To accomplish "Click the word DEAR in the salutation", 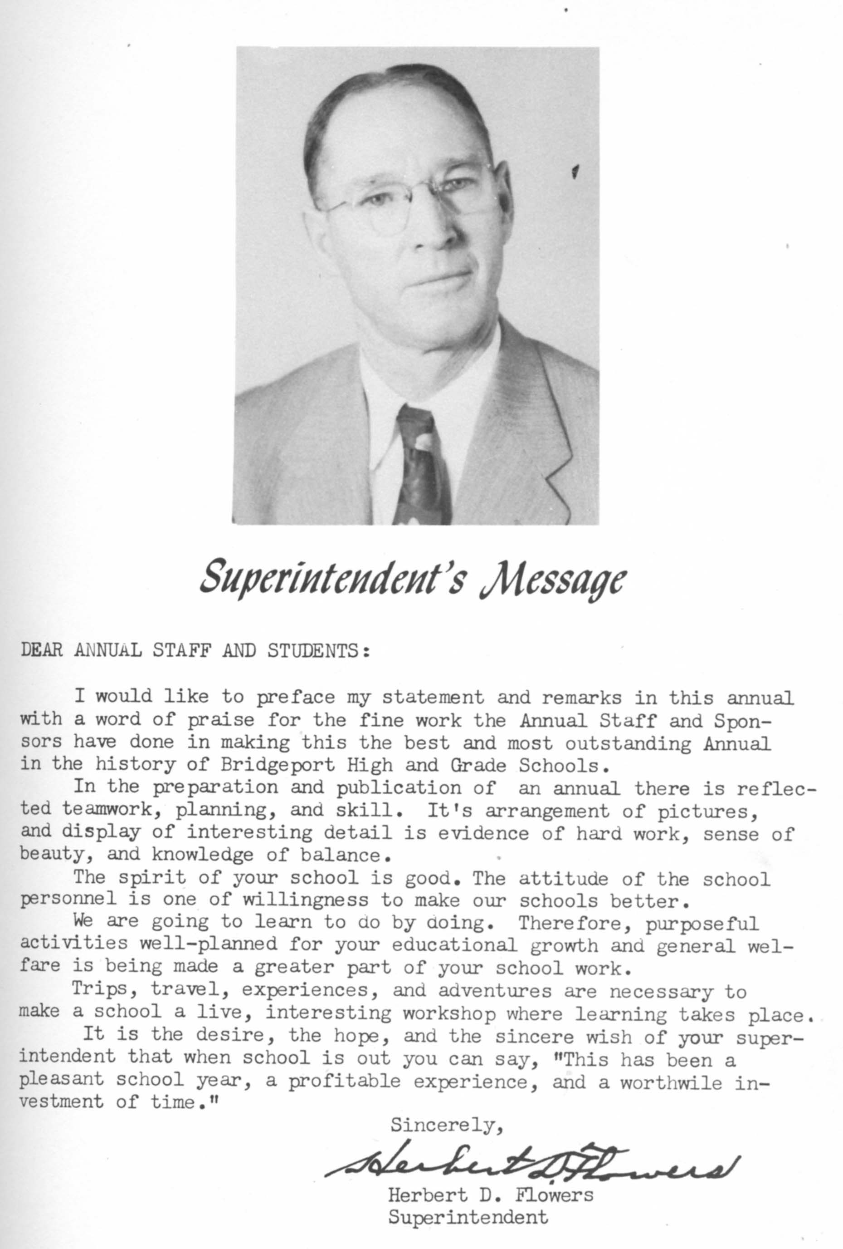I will (x=42, y=651).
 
